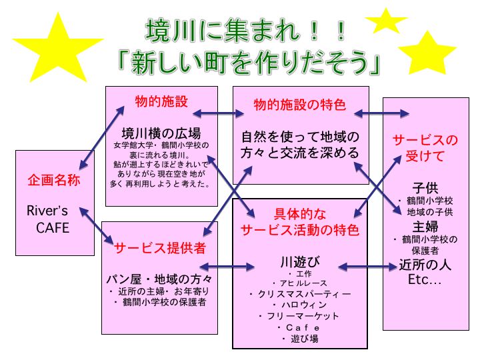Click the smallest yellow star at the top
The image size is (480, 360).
[x=386, y=20]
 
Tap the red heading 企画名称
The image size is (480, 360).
[x=54, y=180]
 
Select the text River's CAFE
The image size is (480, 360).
[x=49, y=219]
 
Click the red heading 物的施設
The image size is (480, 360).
[x=161, y=101]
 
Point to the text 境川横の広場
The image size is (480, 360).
[x=161, y=133]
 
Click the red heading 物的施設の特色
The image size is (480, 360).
[x=300, y=105]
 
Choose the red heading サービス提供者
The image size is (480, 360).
[x=159, y=248]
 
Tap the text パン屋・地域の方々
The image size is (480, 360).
[x=159, y=277]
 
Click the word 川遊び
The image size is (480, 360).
[x=300, y=261]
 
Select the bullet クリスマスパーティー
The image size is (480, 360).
[x=300, y=294]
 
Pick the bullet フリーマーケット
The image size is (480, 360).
[x=300, y=316]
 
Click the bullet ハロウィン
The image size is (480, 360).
[x=300, y=305]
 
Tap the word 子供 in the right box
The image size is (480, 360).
[x=425, y=186]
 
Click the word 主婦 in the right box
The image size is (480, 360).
[x=425, y=226]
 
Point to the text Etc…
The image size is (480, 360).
[x=425, y=279]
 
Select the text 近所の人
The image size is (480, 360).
[x=425, y=264]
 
